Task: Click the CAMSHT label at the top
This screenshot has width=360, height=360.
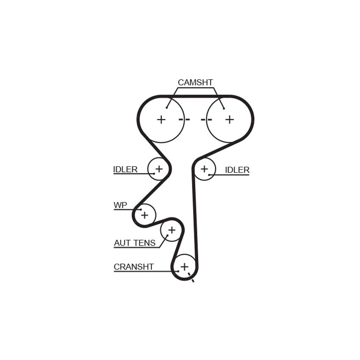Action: click(x=195, y=83)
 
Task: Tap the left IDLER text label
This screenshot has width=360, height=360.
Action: click(x=125, y=169)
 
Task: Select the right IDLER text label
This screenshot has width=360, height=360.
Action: click(x=237, y=170)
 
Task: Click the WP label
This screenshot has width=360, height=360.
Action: click(x=120, y=205)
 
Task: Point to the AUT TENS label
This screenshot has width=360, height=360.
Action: click(x=135, y=243)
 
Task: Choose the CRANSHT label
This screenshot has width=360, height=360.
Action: click(x=133, y=267)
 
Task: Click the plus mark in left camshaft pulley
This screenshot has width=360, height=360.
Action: click(x=161, y=119)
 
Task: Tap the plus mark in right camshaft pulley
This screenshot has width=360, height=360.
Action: click(x=230, y=119)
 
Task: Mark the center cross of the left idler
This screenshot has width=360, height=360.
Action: click(x=159, y=169)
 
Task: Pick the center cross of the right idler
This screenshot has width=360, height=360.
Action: click(x=204, y=169)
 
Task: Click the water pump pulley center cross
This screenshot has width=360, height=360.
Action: click(x=145, y=215)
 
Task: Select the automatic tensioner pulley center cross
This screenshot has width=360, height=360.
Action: click(x=172, y=230)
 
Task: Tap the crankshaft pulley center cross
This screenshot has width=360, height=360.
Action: click(x=184, y=267)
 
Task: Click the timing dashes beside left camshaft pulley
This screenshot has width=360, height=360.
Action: click(x=184, y=119)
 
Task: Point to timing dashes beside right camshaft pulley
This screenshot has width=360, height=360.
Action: click(x=206, y=119)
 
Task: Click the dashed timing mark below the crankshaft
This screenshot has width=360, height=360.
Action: click(x=191, y=277)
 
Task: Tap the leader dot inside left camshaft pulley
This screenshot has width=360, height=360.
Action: click(x=167, y=108)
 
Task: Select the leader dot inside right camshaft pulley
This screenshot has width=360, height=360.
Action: click(x=224, y=108)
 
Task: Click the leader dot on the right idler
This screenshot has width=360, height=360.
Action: click(x=209, y=175)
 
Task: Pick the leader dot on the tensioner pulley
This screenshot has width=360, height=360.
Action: click(x=167, y=235)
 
